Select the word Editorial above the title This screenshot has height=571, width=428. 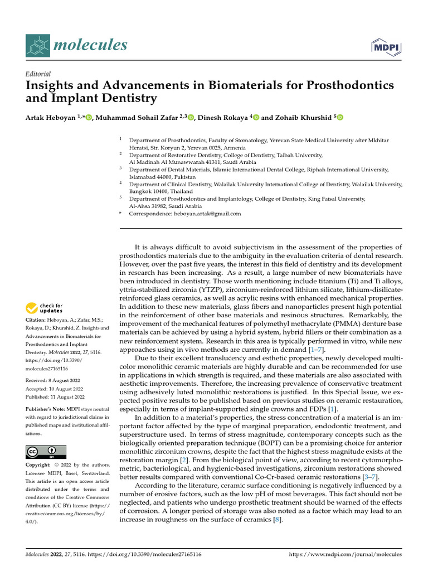[38, 74]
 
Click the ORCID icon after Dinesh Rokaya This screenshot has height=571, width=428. [256, 117]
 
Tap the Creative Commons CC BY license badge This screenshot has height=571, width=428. [46, 452]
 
